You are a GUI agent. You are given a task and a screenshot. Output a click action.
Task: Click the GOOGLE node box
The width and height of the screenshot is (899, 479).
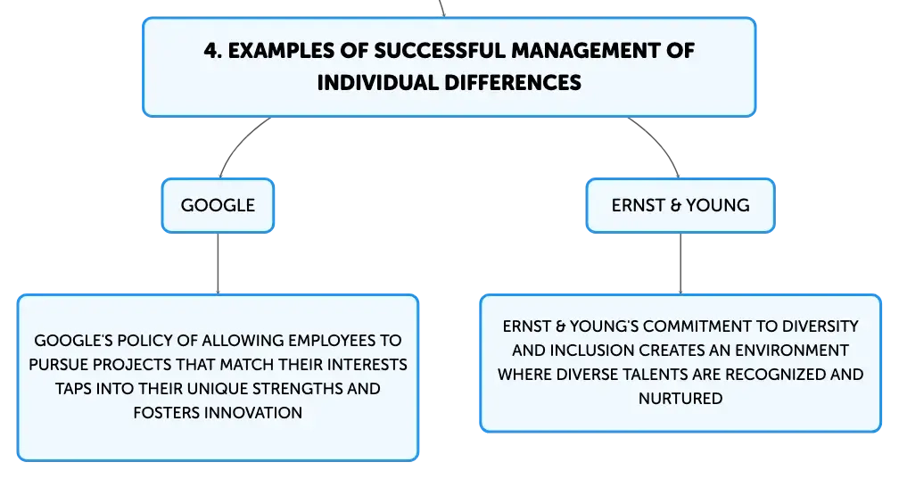[218, 205]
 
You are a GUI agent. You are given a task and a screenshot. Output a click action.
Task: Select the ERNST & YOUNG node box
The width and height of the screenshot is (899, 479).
[680, 205]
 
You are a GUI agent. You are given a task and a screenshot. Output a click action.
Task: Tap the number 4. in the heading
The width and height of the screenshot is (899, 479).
[212, 51]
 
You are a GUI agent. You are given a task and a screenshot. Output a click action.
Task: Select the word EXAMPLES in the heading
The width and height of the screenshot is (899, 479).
[281, 51]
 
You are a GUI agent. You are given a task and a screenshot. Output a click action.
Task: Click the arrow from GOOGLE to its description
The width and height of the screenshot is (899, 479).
[218, 264]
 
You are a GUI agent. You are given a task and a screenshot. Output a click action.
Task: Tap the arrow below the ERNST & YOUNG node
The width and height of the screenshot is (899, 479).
[680, 264]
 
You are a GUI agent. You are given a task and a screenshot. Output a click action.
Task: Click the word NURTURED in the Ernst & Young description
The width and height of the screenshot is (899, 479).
[680, 399]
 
